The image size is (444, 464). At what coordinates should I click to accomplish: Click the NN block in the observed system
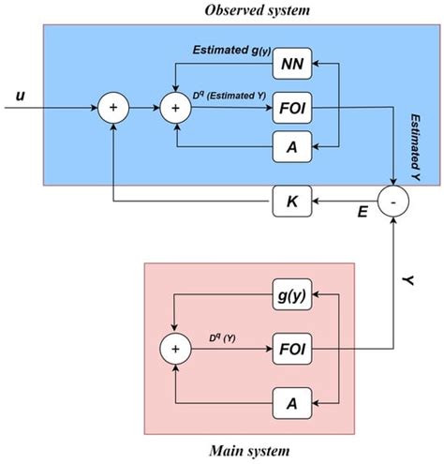[x=290, y=65]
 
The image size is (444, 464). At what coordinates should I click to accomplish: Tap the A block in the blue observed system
[x=290, y=147]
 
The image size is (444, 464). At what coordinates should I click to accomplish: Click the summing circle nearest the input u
[x=114, y=108]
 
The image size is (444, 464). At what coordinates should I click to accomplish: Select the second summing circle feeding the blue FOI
[x=174, y=108]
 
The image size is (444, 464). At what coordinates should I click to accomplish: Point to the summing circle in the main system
[x=174, y=350]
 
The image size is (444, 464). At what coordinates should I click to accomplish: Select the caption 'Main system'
[x=249, y=453]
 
